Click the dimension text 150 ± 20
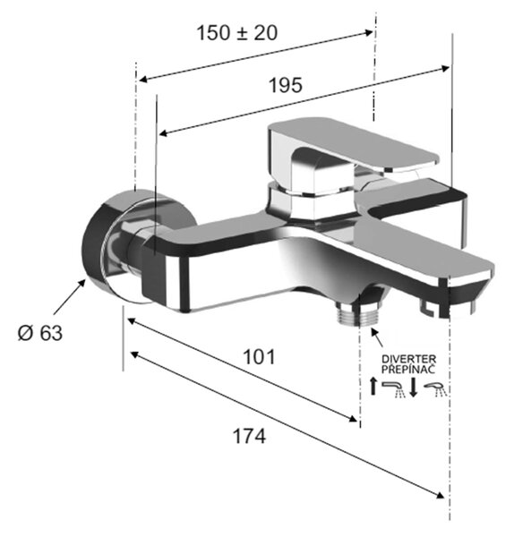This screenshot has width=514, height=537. pyautogui.click(x=236, y=33)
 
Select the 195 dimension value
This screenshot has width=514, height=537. pyautogui.click(x=286, y=85)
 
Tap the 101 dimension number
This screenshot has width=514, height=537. pyautogui.click(x=259, y=357)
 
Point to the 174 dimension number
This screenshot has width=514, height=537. pyautogui.click(x=249, y=437)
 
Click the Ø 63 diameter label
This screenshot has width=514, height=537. pyautogui.click(x=40, y=333)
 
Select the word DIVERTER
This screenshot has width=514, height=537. pyautogui.click(x=409, y=359)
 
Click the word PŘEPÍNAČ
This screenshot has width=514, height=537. pyautogui.click(x=408, y=369)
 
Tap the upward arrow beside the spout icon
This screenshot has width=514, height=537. pyautogui.click(x=373, y=386)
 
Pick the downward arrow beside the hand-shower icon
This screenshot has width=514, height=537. pyautogui.click(x=413, y=387)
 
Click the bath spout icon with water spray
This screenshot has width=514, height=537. pyautogui.click(x=394, y=389)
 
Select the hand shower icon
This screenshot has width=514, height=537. pyautogui.click(x=435, y=389)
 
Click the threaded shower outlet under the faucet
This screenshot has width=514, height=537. pyautogui.click(x=360, y=314)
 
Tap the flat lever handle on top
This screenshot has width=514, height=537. pyautogui.click(x=353, y=144)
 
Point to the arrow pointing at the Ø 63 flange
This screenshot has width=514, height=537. pyautogui.click(x=69, y=296)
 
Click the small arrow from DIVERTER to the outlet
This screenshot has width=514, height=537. pyautogui.click(x=377, y=337)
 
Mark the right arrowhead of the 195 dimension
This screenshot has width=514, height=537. pyautogui.click(x=445, y=69)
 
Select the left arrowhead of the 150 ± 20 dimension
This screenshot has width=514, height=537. pyautogui.click(x=143, y=80)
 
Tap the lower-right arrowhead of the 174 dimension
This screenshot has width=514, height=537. pyautogui.click(x=440, y=495)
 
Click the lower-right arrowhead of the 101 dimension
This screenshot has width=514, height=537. pyautogui.click(x=353, y=419)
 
